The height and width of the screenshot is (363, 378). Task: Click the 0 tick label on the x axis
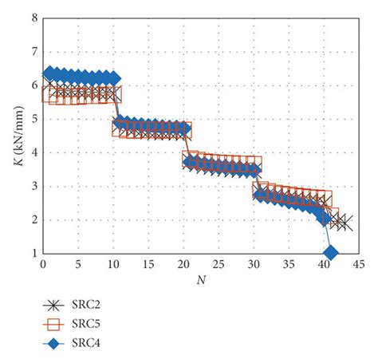pos(43,264)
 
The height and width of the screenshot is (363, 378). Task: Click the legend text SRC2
pos(89,306)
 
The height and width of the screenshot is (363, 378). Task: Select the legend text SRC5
pos(89,325)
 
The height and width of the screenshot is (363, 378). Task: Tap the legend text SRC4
pos(89,344)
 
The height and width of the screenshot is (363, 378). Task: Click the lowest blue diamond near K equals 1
pos(330,253)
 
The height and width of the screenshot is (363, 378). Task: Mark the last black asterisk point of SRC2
pos(345,223)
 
